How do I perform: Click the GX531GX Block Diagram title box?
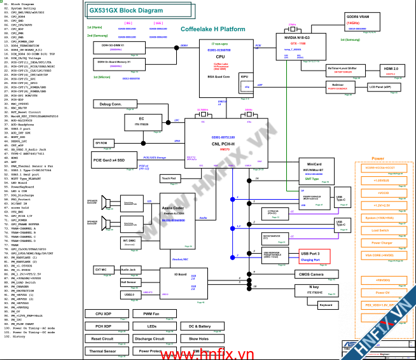tap(127, 11)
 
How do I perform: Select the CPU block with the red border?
tap(220, 64)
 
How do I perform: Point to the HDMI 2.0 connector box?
tap(391, 69)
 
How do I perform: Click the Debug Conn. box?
tap(111, 104)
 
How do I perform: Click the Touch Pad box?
tap(169, 179)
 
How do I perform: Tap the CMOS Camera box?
tap(310, 274)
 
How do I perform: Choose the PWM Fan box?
tap(151, 314)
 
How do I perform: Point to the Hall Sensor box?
tap(129, 282)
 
